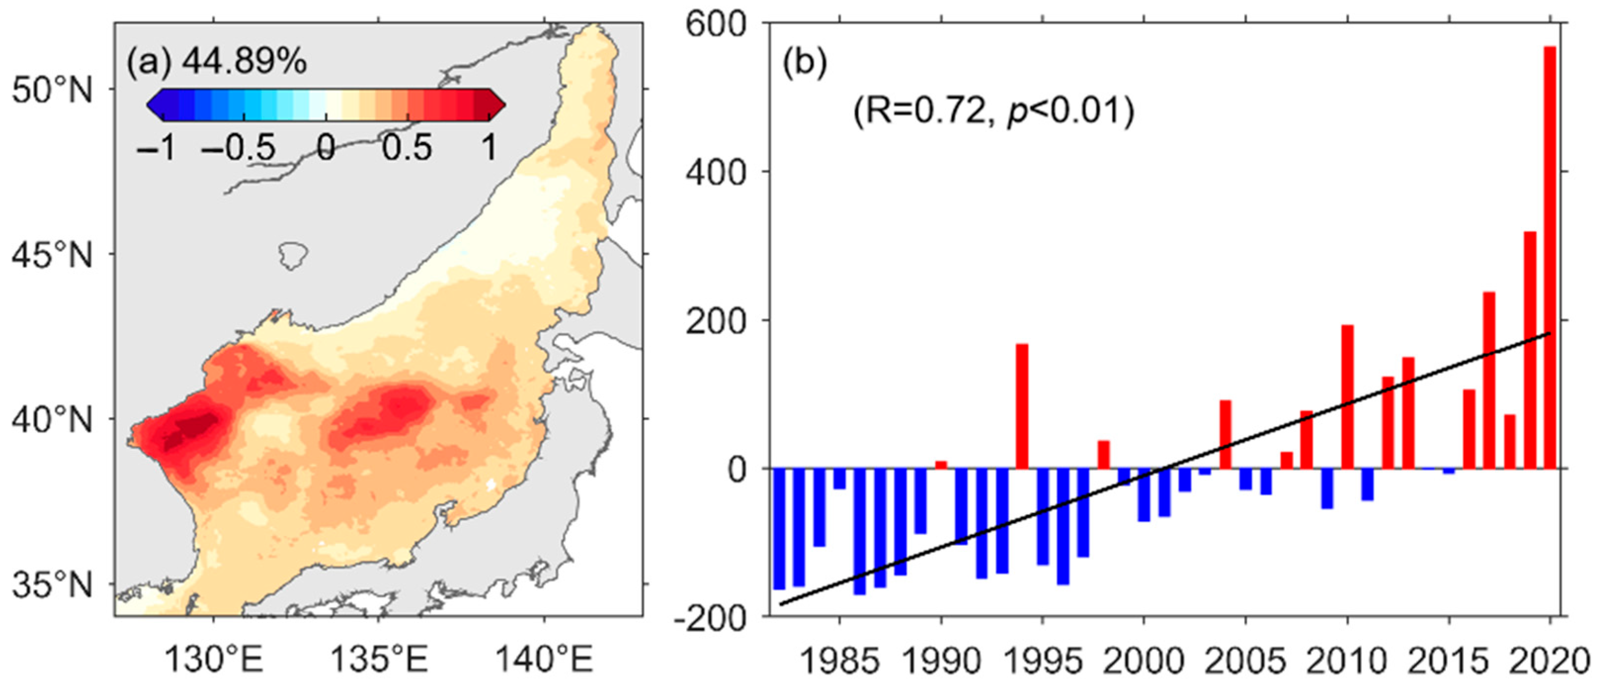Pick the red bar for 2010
coord(1347,397)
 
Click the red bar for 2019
coord(1529,350)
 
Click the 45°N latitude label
coord(52,254)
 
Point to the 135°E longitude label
coord(379,661)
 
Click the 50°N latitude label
coord(52,90)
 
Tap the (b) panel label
coord(804,63)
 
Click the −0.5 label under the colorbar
coord(239,148)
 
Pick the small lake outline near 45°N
coord(293,255)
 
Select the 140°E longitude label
coord(544,661)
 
